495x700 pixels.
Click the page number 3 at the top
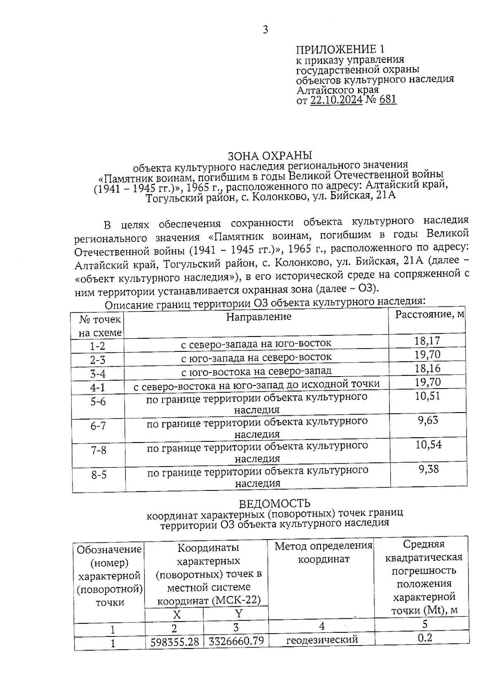coord(265,30)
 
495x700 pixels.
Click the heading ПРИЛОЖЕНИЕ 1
coord(340,49)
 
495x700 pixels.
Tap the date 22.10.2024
coord(336,100)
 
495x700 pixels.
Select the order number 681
coord(387,99)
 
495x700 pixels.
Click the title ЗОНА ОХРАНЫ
coord(270,156)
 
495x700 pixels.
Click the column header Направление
coord(259,316)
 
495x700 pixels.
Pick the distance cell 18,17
coord(427,341)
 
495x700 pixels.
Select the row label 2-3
coord(98,360)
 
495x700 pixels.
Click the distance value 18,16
coord(428,368)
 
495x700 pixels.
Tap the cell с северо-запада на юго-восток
coord(256,343)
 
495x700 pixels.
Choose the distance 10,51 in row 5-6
coord(428,396)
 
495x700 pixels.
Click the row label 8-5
coord(99,475)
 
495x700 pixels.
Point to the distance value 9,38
coord(429,469)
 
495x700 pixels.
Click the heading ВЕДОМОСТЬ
coord(274,504)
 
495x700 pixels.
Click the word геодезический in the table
coord(322,640)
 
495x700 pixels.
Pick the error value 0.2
coord(425,638)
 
